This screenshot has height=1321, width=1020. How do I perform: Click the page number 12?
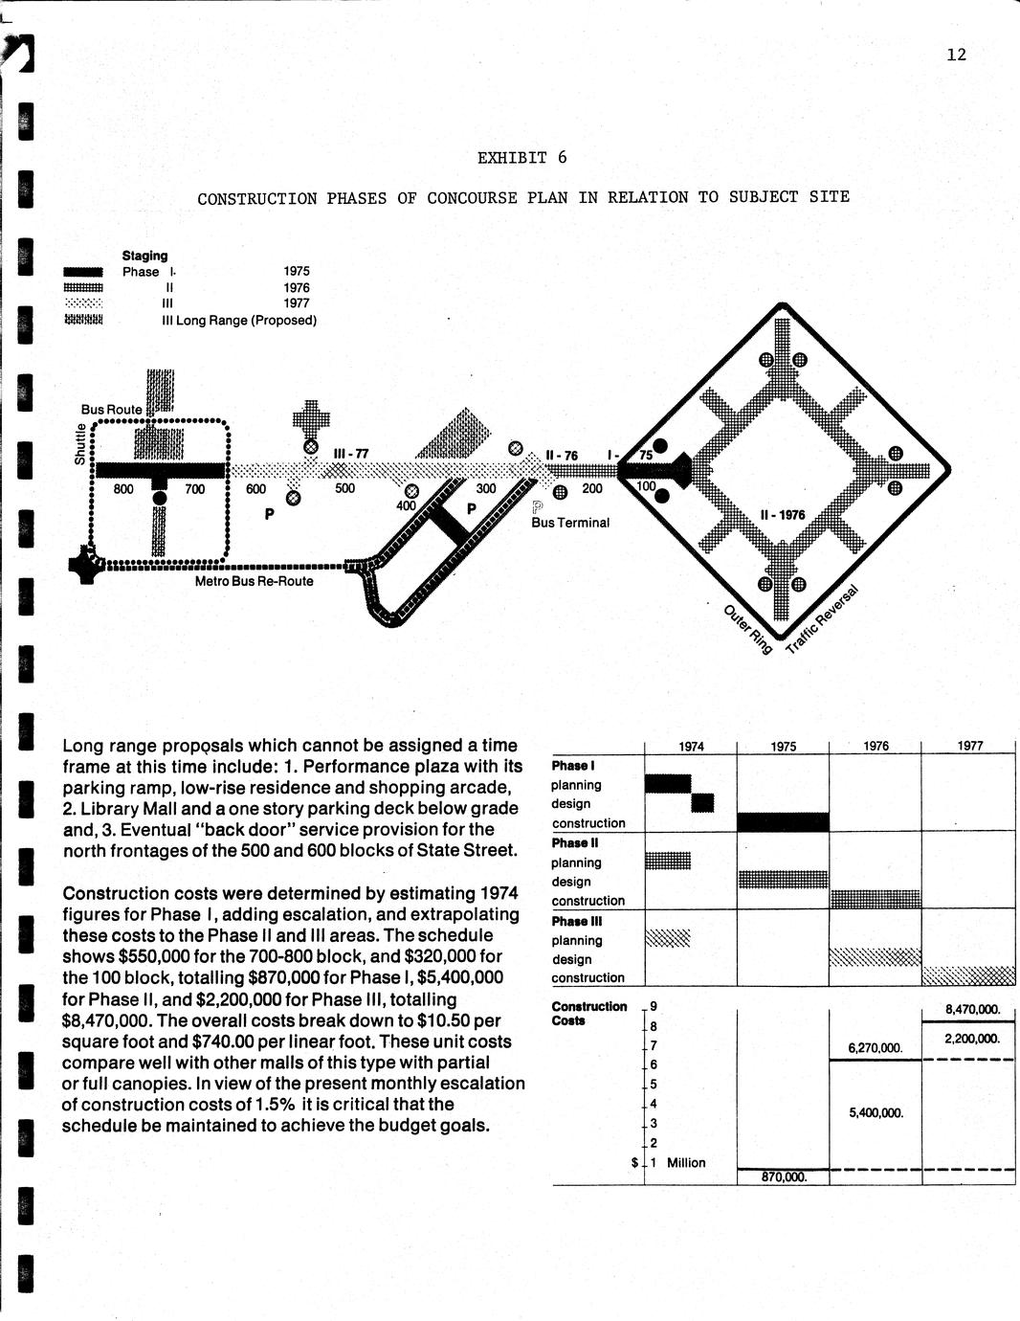point(956,55)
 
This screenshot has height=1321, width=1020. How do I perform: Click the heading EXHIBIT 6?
point(521,158)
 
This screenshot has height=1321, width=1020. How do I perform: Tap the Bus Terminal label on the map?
point(570,523)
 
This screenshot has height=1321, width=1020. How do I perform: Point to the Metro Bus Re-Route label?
point(254,581)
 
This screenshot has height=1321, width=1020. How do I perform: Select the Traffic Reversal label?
point(822,619)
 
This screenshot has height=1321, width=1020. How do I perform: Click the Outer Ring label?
point(746,630)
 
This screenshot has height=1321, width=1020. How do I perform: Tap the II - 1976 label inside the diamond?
point(782,515)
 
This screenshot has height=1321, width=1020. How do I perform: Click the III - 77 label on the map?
point(350,454)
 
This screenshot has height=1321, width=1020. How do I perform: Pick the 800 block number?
point(123,489)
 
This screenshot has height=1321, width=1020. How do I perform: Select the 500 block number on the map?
point(344,488)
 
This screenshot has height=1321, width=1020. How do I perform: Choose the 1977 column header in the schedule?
point(969,746)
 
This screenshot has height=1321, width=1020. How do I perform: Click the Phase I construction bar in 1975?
point(783,821)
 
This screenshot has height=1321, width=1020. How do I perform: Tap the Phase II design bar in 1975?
point(783,879)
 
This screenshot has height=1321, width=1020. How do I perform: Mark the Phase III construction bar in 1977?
point(968,975)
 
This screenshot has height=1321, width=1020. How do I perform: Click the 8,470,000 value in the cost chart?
point(972,1009)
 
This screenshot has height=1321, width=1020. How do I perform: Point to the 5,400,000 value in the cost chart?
point(876,1113)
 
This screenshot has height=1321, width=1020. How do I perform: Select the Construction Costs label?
point(588,1013)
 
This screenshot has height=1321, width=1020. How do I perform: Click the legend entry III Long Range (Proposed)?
point(239,321)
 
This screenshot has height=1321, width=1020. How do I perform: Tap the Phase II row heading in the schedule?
point(575,843)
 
